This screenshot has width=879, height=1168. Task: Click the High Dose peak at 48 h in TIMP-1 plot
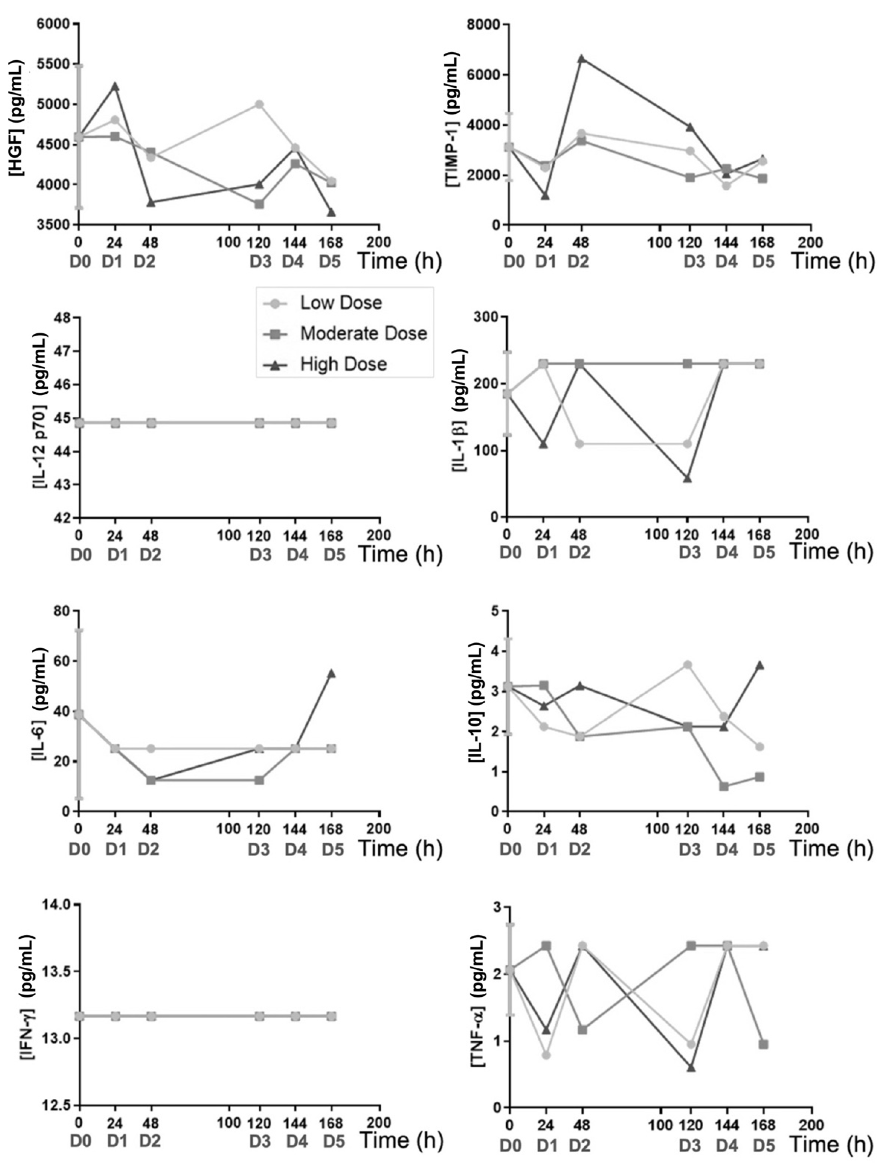(x=581, y=59)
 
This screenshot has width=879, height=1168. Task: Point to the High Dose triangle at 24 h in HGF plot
(x=115, y=86)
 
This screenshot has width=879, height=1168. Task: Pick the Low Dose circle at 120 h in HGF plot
(x=259, y=104)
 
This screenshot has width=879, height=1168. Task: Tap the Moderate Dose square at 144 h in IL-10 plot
(x=724, y=786)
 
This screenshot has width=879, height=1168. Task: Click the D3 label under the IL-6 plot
(x=259, y=849)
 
